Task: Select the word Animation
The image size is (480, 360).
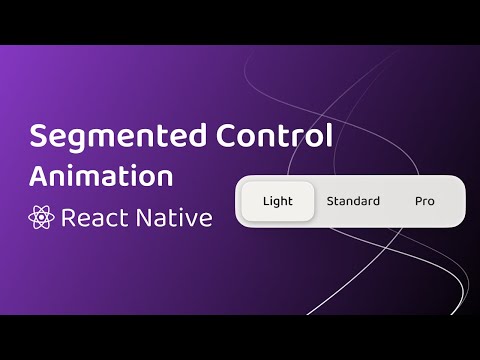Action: pos(100,175)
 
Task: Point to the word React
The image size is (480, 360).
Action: pos(96,217)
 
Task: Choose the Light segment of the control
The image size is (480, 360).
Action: pos(278,201)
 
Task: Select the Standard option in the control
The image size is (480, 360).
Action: pos(353,201)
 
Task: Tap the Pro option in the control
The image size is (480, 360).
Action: pos(425,201)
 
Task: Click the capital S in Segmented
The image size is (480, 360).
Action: pos(39,137)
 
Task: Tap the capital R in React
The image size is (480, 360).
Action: pos(69,217)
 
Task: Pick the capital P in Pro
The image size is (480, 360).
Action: pos(419,201)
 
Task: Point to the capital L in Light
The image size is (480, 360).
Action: pos(266,201)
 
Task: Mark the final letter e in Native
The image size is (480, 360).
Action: pos(205,219)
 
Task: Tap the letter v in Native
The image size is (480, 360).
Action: pos(191,219)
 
